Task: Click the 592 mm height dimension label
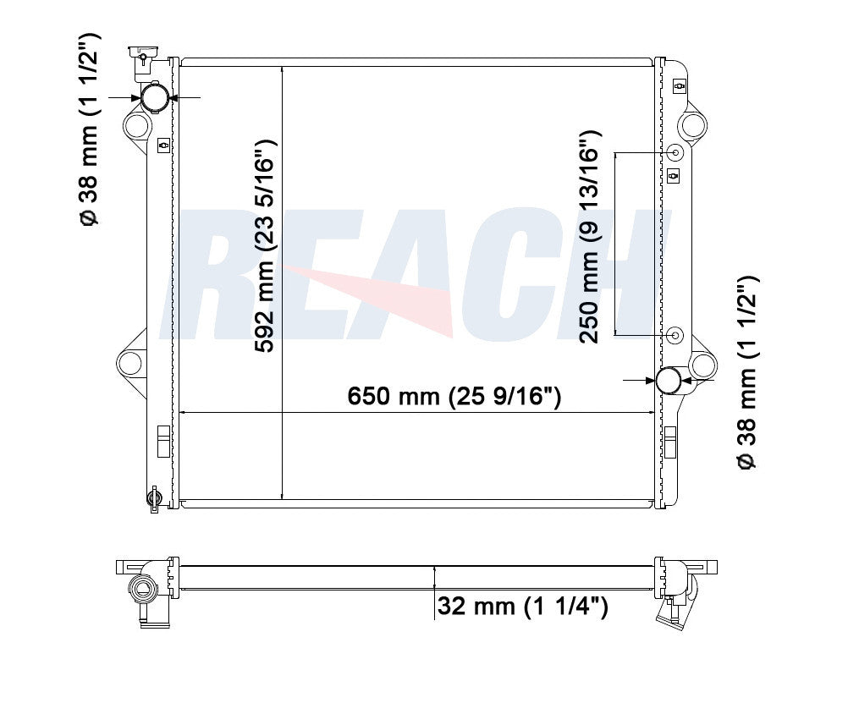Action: pos(265,246)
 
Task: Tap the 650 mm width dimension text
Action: pos(454,397)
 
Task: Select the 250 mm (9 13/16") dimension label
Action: pos(590,237)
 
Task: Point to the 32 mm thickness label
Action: pos(522,606)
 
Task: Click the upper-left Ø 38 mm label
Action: pos(89,129)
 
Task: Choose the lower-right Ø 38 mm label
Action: pos(748,372)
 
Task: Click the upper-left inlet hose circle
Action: pos(154,97)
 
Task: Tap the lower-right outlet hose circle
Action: pos(669,380)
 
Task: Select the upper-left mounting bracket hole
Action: pos(135,126)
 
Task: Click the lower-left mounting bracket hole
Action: pos(130,363)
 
